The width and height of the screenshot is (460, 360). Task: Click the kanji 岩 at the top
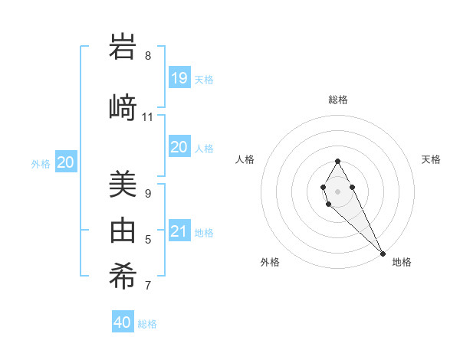pyautogui.click(x=123, y=47)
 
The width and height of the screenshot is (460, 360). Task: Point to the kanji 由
pyautogui.click(x=123, y=230)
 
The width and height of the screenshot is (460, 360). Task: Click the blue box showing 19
pyautogui.click(x=179, y=78)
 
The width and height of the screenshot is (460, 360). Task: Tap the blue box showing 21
pyautogui.click(x=179, y=231)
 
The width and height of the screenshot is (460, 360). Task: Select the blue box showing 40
pyautogui.click(x=123, y=322)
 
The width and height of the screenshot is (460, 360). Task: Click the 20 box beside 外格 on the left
pyautogui.click(x=65, y=162)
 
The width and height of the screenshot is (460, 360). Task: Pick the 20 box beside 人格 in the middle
pyautogui.click(x=179, y=147)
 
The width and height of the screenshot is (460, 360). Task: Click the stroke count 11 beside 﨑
pyautogui.click(x=147, y=117)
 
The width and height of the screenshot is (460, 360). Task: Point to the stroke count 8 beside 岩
pyautogui.click(x=147, y=56)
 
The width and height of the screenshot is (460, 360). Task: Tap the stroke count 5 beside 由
pyautogui.click(x=147, y=241)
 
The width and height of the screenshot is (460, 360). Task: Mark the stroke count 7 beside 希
pyautogui.click(x=147, y=286)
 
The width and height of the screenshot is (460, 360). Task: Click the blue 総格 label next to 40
pyautogui.click(x=147, y=324)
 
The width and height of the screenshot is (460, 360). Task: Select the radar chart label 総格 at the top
pyautogui.click(x=338, y=100)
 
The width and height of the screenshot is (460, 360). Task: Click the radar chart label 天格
pyautogui.click(x=431, y=159)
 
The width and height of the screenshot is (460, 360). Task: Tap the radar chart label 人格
pyautogui.click(x=245, y=159)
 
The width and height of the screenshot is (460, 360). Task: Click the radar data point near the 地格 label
pyautogui.click(x=383, y=254)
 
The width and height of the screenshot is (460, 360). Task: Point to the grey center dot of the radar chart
pyautogui.click(x=337, y=191)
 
